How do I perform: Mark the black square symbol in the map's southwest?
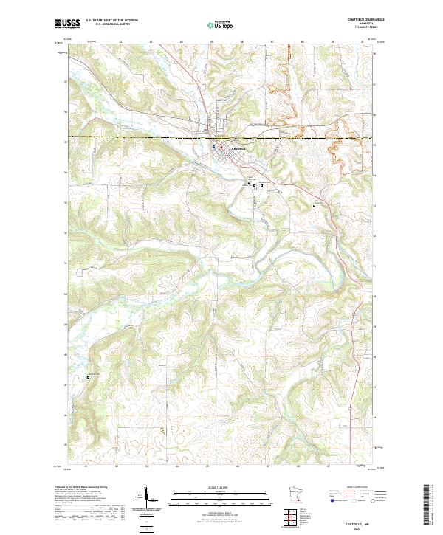[x=89, y=377]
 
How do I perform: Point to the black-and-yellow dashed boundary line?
[x=148, y=137]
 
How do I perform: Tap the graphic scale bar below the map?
[x=220, y=499]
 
